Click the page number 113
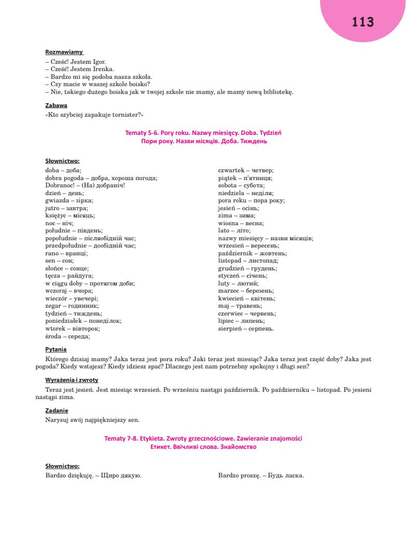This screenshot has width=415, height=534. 363,22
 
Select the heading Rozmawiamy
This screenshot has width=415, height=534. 64,52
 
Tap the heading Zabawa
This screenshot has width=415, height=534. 57,105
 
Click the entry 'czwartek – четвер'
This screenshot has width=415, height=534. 246,170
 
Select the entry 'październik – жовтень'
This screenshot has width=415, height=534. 253,253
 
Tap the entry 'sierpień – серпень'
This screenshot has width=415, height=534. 246,328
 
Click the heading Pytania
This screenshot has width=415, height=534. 56,350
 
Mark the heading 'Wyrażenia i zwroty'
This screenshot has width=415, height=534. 72,380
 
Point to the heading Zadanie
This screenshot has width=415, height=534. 57,410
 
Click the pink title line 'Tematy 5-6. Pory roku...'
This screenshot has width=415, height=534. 203,133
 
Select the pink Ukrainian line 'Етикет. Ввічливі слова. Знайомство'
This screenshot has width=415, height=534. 203,446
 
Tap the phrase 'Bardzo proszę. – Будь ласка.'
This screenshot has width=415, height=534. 261,475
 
